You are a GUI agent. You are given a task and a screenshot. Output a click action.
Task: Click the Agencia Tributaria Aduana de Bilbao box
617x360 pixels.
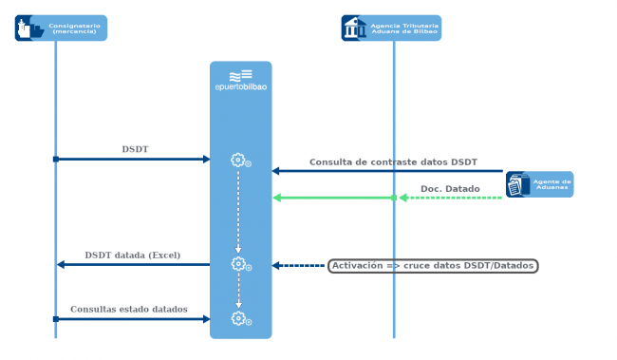392,28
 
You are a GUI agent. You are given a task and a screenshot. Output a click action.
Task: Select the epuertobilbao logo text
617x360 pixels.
241,88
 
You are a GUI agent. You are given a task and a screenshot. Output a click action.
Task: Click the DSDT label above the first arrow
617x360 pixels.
135,149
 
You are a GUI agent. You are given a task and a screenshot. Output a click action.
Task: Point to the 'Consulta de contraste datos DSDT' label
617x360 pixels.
393,162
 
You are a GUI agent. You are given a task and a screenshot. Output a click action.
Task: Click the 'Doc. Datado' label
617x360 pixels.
449,189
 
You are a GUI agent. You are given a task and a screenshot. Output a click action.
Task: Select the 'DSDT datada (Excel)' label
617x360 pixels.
132,256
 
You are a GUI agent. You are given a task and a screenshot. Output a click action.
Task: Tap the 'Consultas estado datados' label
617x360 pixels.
128,310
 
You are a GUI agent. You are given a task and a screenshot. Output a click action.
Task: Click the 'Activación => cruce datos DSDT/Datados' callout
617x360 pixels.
433,266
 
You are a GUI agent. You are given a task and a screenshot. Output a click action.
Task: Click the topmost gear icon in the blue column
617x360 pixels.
239,160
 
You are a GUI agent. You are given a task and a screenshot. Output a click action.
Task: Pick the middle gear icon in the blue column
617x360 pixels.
239,264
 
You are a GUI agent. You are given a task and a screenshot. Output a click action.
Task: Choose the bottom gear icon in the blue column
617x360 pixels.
239,318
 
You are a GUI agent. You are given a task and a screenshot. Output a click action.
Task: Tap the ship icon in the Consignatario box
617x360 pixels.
29,28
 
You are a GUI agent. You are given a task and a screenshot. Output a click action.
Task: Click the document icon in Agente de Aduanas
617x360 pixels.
516,185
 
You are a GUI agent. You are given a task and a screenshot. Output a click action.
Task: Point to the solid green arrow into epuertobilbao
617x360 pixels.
332,198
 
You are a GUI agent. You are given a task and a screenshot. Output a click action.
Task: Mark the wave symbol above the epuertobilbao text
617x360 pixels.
240,74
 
